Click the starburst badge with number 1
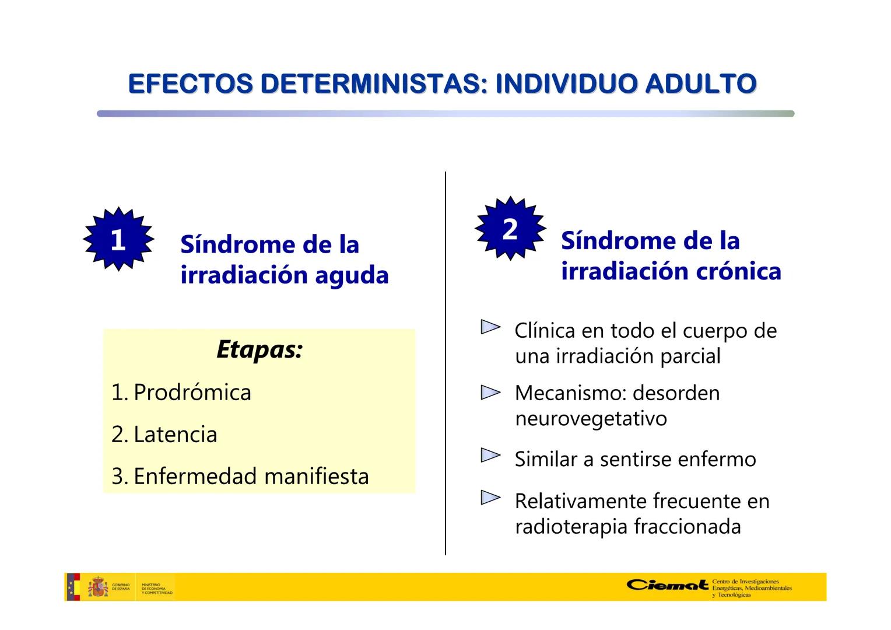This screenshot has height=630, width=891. click(x=118, y=239)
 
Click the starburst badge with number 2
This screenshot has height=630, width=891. click(x=510, y=229)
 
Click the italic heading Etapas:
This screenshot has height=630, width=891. click(x=259, y=349)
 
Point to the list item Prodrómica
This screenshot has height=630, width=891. click(x=192, y=392)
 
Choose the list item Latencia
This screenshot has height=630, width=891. click(x=175, y=435)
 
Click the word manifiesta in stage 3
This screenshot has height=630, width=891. click(x=316, y=477)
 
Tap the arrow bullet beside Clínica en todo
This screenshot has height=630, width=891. click(x=490, y=327)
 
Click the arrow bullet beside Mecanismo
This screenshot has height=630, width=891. click(x=490, y=393)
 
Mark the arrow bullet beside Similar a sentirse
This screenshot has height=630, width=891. click(x=490, y=456)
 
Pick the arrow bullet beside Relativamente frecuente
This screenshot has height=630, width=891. click(x=490, y=498)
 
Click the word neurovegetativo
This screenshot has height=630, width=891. click(x=591, y=418)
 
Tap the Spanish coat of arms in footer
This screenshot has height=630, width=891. click(x=98, y=587)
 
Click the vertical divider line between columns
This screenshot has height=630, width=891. click(x=445, y=362)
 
